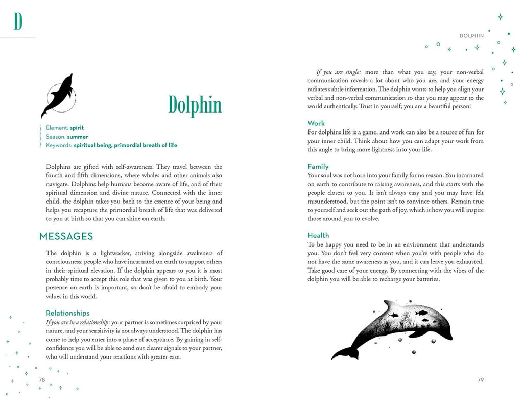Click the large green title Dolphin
pyautogui.click(x=195, y=105)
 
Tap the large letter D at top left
pyautogui.click(x=18, y=21)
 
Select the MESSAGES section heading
pyautogui.click(x=66, y=236)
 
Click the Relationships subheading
pyautogui.click(x=67, y=313)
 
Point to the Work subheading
pyautogui.click(x=316, y=123)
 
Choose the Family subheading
pyautogui.click(x=318, y=166)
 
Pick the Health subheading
pyautogui.click(x=318, y=235)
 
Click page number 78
pyautogui.click(x=42, y=379)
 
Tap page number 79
pyautogui.click(x=480, y=379)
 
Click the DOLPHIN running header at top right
pyautogui.click(x=471, y=36)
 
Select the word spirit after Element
pyautogui.click(x=77, y=128)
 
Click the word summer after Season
pyautogui.click(x=77, y=137)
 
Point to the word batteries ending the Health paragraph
pyautogui.click(x=424, y=279)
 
